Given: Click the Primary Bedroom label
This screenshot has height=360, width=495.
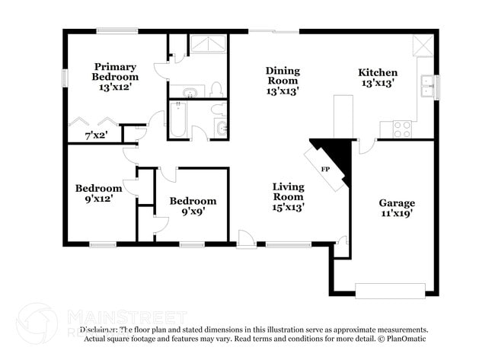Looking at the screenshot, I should pos(115,71).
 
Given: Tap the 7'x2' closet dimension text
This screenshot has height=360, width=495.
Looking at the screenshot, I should pos(95,135).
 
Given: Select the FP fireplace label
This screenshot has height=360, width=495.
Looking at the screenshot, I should pos(325,169).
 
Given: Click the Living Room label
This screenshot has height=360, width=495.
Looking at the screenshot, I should pos(288,191).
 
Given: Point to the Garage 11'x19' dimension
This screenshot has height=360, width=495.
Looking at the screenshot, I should pos(397,214).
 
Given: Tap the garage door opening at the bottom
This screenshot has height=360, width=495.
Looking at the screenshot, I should pos(390,290).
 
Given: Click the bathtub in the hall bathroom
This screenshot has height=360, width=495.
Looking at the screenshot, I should pos(177,120).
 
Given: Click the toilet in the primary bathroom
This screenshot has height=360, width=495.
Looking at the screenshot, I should pos(216,89).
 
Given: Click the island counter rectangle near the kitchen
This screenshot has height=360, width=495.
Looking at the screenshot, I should pos(343,116).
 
